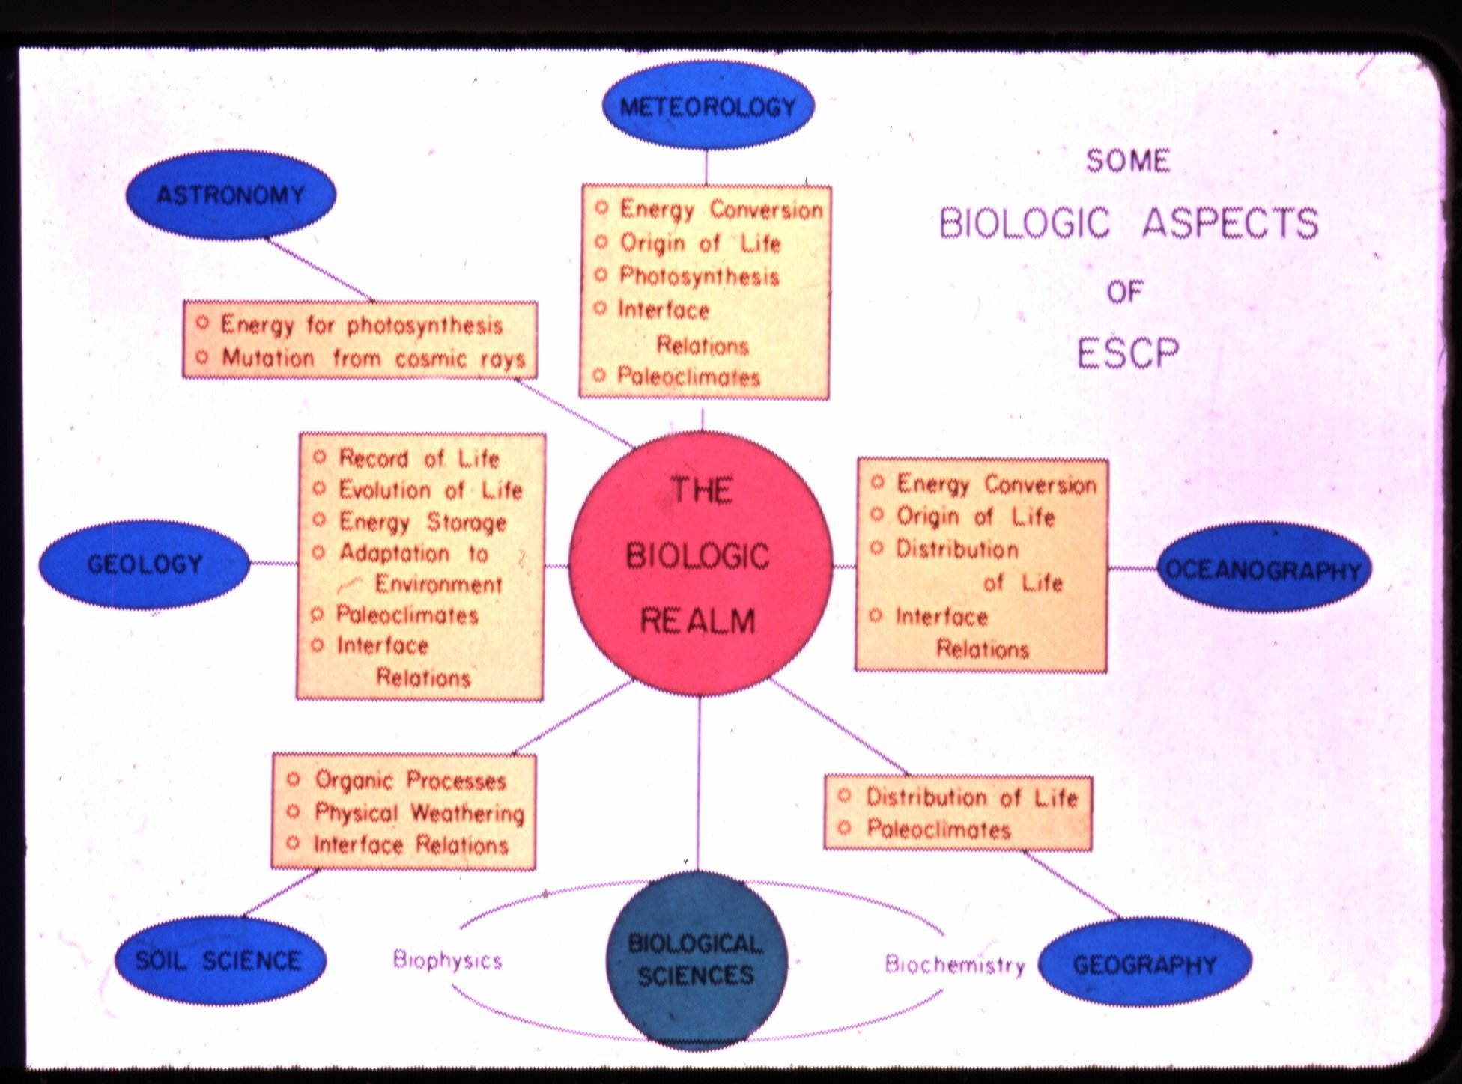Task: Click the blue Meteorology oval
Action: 708,106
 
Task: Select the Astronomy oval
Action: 231,195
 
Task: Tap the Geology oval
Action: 145,564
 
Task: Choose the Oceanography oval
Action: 1264,570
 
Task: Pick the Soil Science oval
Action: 219,960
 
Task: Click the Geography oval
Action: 1145,964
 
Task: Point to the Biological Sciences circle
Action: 697,960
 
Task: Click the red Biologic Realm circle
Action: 700,556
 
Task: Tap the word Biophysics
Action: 447,960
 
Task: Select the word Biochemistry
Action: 955,964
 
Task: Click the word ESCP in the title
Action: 1128,353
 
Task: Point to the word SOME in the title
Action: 1128,161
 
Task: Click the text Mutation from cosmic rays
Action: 374,359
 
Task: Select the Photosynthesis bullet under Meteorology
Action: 699,276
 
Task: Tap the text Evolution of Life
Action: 430,490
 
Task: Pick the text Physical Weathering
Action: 419,813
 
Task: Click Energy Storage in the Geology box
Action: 422,522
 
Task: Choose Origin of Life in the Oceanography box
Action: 975,517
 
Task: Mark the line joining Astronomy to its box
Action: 321,270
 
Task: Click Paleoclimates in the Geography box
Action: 938,829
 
